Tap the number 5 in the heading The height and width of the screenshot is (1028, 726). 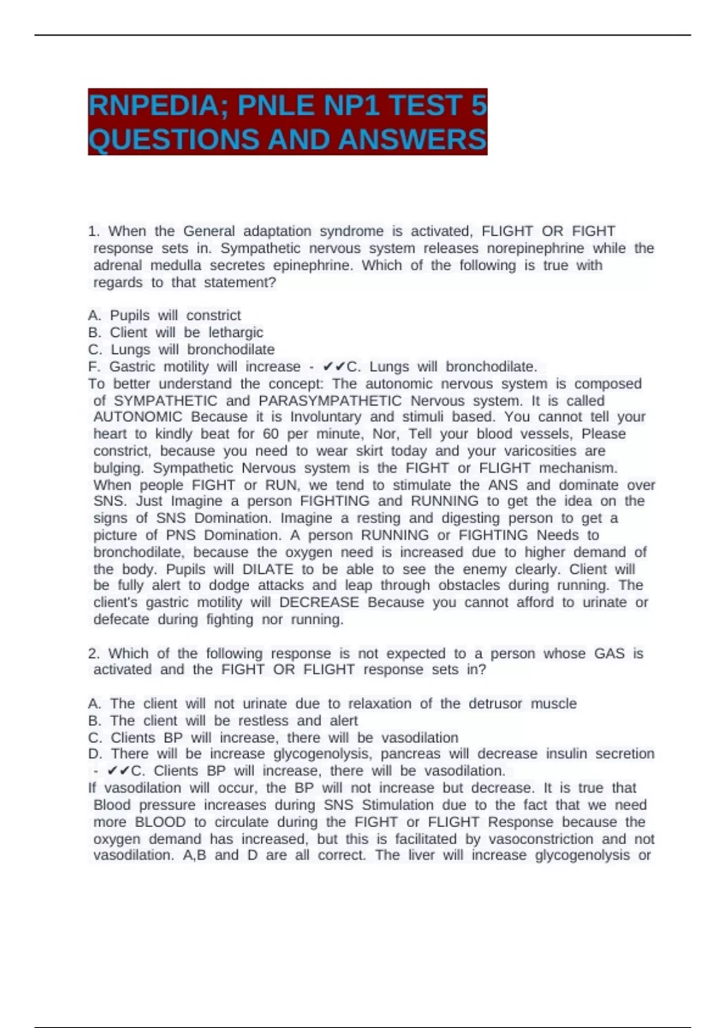coord(479,106)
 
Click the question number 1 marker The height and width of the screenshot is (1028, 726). coord(94,231)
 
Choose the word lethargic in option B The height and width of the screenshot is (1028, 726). coord(236,332)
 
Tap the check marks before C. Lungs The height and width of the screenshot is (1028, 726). coord(334,366)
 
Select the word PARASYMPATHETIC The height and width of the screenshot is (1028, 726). coord(330,400)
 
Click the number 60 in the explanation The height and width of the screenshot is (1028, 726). coord(270,434)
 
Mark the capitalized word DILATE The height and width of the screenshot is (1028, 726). coord(267,569)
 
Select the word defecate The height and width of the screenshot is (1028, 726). coord(121,619)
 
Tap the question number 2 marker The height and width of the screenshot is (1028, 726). coord(94,653)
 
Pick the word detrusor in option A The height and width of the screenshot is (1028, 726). coord(495,703)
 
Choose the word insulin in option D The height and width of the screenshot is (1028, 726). coord(566,753)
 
